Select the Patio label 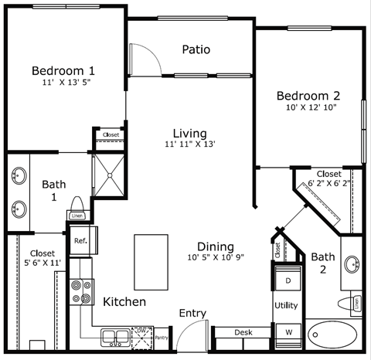click(196, 49)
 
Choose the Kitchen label click(124, 301)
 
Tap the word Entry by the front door click(192, 313)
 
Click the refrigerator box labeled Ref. click(80, 240)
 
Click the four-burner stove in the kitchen click(80, 290)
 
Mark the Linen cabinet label click(77, 216)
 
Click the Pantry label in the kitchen click(161, 337)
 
